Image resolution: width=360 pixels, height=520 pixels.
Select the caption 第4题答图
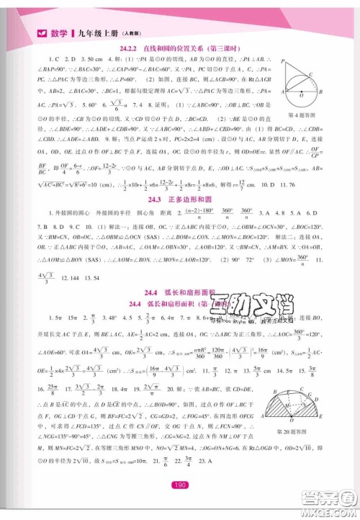303,113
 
